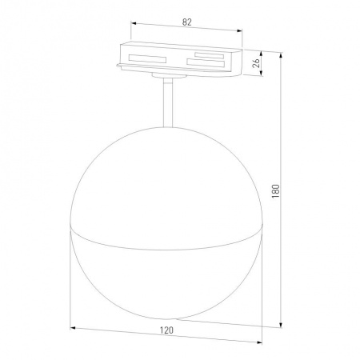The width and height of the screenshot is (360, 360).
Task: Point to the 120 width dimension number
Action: (166, 330)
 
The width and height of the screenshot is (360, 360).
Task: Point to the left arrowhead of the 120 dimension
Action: (74, 326)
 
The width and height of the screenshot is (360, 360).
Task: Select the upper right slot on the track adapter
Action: (206, 54)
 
